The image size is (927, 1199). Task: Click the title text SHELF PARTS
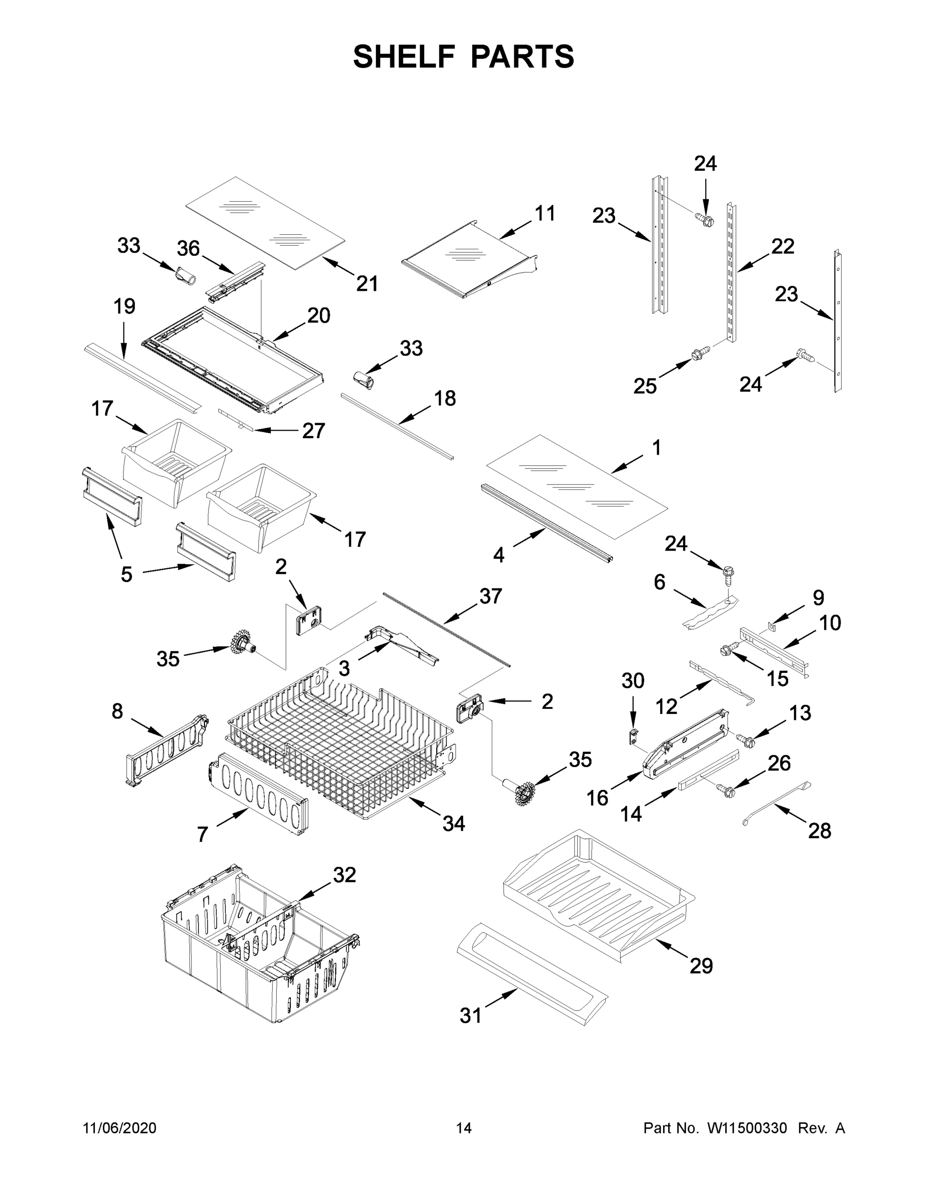click(464, 56)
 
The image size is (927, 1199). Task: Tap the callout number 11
click(544, 213)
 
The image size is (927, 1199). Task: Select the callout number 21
click(367, 284)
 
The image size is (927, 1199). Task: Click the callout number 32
click(344, 875)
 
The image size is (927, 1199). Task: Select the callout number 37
click(490, 596)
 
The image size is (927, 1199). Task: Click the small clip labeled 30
click(634, 736)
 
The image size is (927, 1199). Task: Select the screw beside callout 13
click(746, 740)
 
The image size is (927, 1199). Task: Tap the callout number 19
click(124, 306)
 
